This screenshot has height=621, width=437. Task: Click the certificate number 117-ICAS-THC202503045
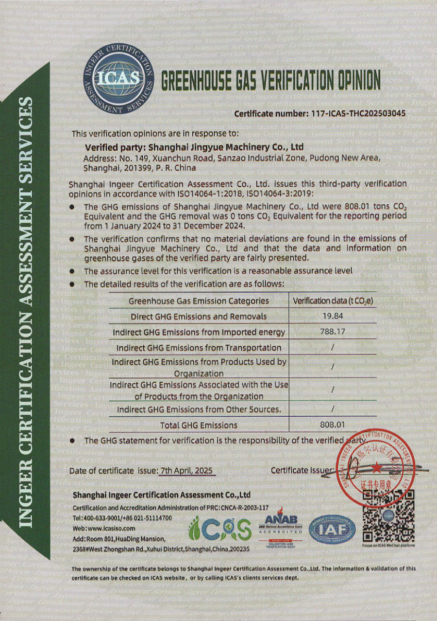(319, 114)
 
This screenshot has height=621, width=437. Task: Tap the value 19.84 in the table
(332, 316)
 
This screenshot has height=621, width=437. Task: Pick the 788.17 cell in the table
(332, 332)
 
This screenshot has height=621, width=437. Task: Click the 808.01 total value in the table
(332, 425)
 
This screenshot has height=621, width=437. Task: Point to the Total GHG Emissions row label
(199, 425)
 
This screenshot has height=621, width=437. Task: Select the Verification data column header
(333, 301)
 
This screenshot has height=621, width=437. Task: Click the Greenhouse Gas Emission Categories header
(199, 301)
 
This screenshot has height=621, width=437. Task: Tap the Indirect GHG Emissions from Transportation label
(199, 348)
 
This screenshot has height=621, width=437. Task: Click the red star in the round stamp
(376, 467)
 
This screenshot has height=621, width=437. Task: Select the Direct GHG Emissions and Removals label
(199, 317)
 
